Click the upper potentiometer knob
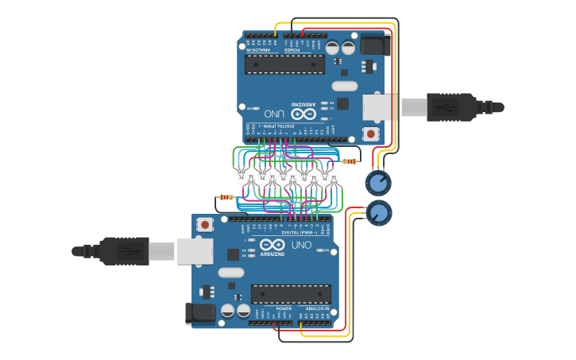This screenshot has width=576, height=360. [x=378, y=184]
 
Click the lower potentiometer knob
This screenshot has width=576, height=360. [x=379, y=212]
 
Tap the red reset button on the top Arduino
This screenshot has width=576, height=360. [x=370, y=134]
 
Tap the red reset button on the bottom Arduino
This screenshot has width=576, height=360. [x=206, y=225]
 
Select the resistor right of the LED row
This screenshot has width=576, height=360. [x=350, y=161]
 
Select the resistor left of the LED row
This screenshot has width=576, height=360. [x=226, y=197]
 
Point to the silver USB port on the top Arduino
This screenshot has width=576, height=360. [x=378, y=106]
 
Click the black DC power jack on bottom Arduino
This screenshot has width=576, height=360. [x=200, y=313]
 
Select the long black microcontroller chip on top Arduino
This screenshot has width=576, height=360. [x=284, y=64]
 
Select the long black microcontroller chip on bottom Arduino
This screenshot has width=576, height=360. [x=291, y=294]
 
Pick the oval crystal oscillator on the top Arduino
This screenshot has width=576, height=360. [x=344, y=86]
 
